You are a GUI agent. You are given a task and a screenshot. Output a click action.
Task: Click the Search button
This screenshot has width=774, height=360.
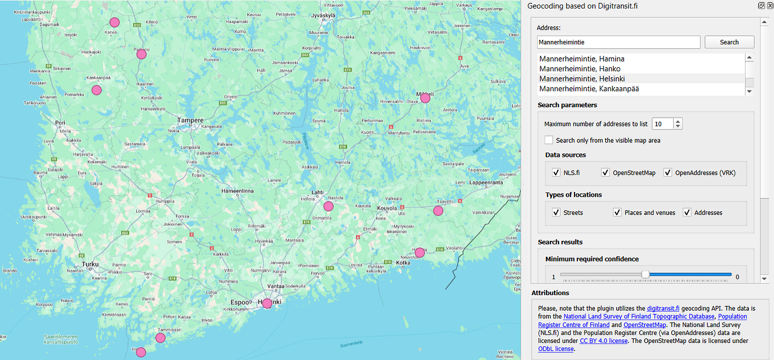pyautogui.click(x=729, y=42)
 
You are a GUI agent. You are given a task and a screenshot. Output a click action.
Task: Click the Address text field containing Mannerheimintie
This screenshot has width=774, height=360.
pyautogui.click(x=618, y=42)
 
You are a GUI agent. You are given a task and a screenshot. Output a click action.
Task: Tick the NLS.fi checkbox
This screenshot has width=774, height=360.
pyautogui.click(x=556, y=173)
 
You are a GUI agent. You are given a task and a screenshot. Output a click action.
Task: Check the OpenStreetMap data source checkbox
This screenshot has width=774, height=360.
pyautogui.click(x=605, y=173)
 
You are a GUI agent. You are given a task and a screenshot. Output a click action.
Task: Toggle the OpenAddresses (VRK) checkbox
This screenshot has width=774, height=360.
pyautogui.click(x=667, y=173)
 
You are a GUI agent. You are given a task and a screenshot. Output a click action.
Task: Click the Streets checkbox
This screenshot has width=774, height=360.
pyautogui.click(x=556, y=212)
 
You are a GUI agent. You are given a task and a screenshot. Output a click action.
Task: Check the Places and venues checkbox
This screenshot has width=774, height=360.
pyautogui.click(x=617, y=212)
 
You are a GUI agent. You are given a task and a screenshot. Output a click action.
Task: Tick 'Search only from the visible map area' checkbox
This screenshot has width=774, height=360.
pyautogui.click(x=548, y=140)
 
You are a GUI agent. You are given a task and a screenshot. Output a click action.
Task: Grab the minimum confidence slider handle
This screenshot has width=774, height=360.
pyautogui.click(x=645, y=275)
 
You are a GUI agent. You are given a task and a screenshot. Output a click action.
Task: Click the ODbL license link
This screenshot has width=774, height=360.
pyautogui.click(x=556, y=349)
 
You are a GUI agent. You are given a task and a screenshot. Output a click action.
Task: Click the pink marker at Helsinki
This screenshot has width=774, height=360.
pyautogui.click(x=267, y=304)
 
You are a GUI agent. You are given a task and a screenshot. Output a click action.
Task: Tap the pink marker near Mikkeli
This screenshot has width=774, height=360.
pyautogui.click(x=425, y=98)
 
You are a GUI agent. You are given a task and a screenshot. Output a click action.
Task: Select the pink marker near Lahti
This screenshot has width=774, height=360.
pyautogui.click(x=328, y=206)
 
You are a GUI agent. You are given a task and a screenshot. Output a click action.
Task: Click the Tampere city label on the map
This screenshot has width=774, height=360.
pyautogui.click(x=190, y=121)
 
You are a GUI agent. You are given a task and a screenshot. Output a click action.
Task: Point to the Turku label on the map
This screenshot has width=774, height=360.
pyautogui.click(x=90, y=264)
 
